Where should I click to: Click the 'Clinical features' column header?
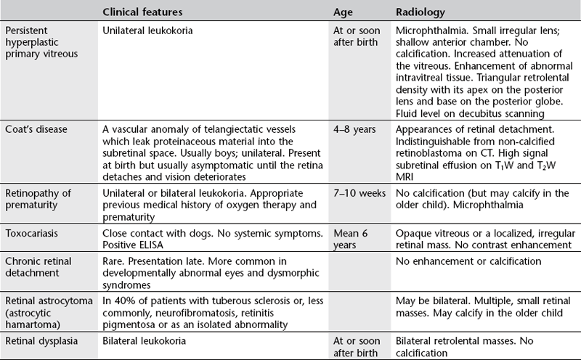pos(142,12)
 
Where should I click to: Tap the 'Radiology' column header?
pos(420,12)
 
